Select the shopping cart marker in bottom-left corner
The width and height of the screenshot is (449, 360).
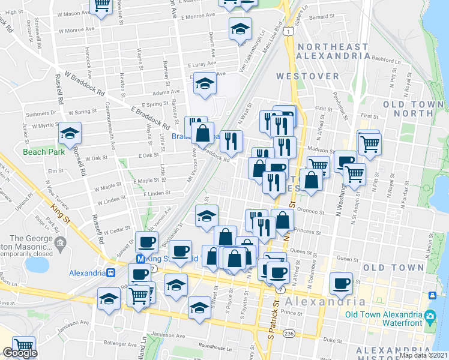(x=23, y=346)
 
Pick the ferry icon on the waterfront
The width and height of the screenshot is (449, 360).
(x=432, y=295)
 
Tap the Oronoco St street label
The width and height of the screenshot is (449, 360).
(x=310, y=211)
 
